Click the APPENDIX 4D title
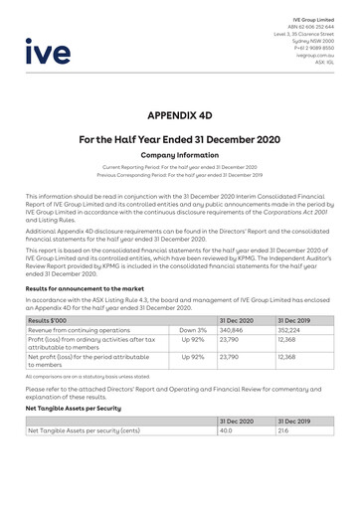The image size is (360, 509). [x=179, y=115]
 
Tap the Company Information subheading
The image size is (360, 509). [x=179, y=156]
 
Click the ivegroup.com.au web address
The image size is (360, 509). [x=314, y=55]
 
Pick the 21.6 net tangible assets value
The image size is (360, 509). [x=283, y=430]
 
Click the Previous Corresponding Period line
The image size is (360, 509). [x=179, y=175]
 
